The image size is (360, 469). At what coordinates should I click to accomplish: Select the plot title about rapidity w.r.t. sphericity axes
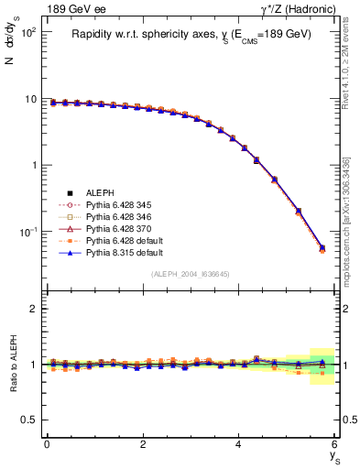tap(191, 34)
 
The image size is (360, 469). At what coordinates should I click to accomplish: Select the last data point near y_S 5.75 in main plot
tap(322, 247)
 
